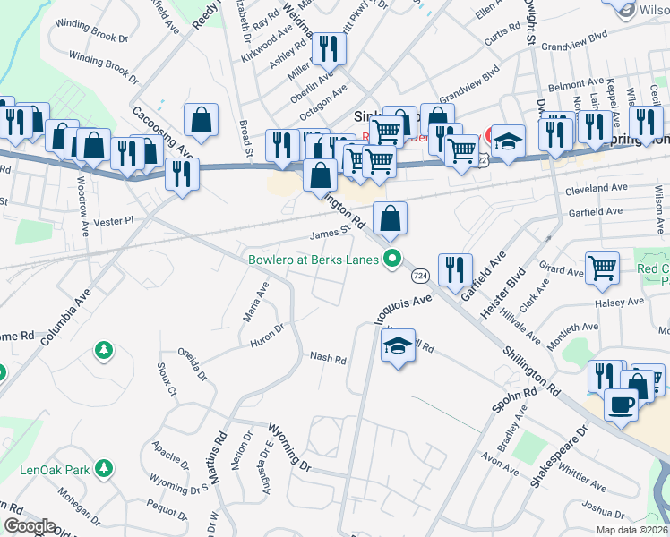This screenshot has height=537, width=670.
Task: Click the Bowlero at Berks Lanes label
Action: click(x=314, y=260)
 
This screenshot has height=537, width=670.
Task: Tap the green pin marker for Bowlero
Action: click(x=391, y=260)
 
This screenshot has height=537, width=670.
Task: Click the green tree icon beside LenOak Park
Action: click(x=105, y=468)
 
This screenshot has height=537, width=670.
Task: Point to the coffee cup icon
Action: click(x=622, y=404)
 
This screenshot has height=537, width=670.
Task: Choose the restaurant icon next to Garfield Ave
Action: click(x=455, y=268)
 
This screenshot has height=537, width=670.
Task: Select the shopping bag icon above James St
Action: click(x=391, y=217)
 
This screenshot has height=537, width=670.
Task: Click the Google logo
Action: click(x=30, y=526)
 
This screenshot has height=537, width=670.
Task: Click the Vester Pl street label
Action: click(x=116, y=219)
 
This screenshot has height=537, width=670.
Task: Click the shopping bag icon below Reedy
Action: click(x=201, y=119)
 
